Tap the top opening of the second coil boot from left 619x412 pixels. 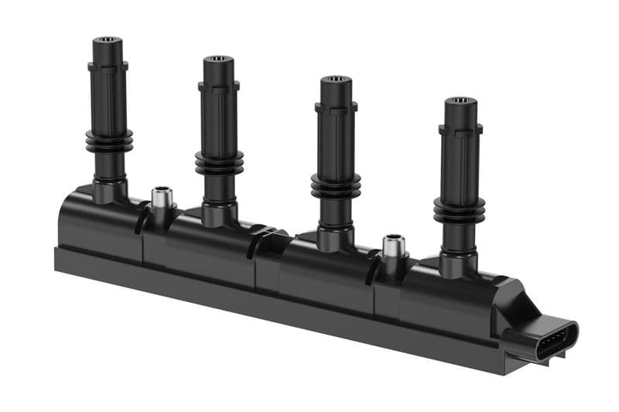click(220, 59)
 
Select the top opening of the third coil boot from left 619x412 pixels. click(335, 80)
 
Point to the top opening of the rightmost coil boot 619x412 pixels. click(462, 101)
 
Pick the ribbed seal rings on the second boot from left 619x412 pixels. click(220, 161)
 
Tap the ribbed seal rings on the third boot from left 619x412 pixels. click(335, 186)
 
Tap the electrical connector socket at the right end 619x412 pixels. click(555, 342)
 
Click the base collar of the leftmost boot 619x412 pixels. click(109, 189)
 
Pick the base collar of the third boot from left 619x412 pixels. click(334, 237)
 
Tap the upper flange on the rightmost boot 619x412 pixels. click(461, 130)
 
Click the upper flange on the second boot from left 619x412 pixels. click(220, 87)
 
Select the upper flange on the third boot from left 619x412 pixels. click(336, 107)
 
